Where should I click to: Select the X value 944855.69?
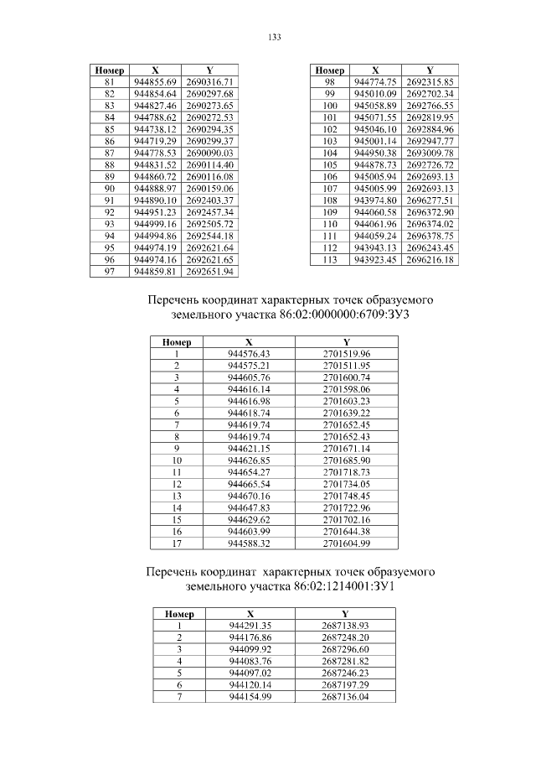click(x=155, y=82)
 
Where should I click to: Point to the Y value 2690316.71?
click(x=209, y=82)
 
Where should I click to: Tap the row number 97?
click(x=108, y=273)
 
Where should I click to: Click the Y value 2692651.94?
click(x=209, y=273)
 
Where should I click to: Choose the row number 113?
click(x=330, y=261)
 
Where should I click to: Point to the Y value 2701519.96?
click(x=346, y=353)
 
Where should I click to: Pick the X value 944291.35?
click(x=250, y=626)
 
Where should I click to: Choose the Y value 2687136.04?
click(x=345, y=697)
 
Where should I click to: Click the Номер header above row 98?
click(x=330, y=70)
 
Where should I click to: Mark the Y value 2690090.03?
click(x=209, y=153)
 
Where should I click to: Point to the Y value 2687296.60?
click(x=345, y=649)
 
